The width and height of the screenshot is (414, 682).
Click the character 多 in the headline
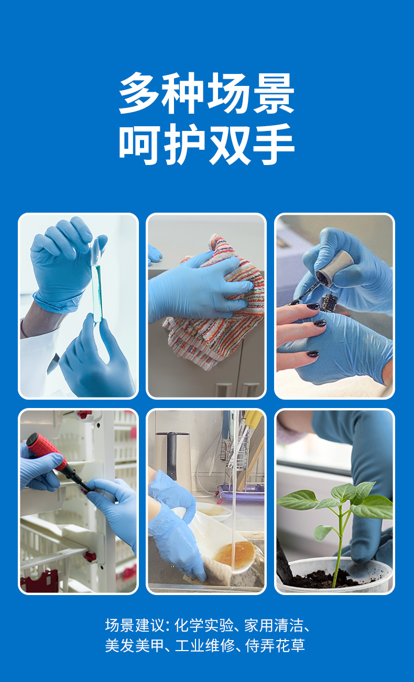140,93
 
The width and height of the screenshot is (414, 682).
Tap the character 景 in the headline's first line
273,93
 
